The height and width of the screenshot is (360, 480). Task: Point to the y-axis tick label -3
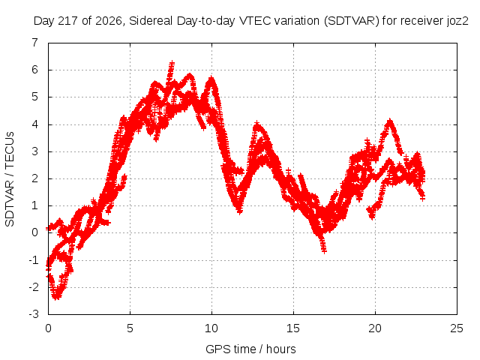pyautogui.click(x=34, y=314)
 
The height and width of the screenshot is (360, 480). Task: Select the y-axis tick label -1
pyautogui.click(x=34, y=260)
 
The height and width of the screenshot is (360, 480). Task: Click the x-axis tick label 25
pyautogui.click(x=457, y=328)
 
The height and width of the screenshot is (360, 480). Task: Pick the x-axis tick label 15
pyautogui.click(x=293, y=328)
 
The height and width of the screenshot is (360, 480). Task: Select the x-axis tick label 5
pyautogui.click(x=130, y=328)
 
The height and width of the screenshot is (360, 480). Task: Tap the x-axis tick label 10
pyautogui.click(x=211, y=328)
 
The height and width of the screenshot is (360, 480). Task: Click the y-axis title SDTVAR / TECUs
pyautogui.click(x=10, y=179)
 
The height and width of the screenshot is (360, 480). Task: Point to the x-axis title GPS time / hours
pyautogui.click(x=250, y=349)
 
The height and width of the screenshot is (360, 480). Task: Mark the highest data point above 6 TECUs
pyautogui.click(x=172, y=63)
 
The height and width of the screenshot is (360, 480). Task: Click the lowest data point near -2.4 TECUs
pyautogui.click(x=56, y=298)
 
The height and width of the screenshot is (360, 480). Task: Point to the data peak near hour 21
pyautogui.click(x=390, y=121)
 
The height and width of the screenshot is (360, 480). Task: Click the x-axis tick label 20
pyautogui.click(x=375, y=328)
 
